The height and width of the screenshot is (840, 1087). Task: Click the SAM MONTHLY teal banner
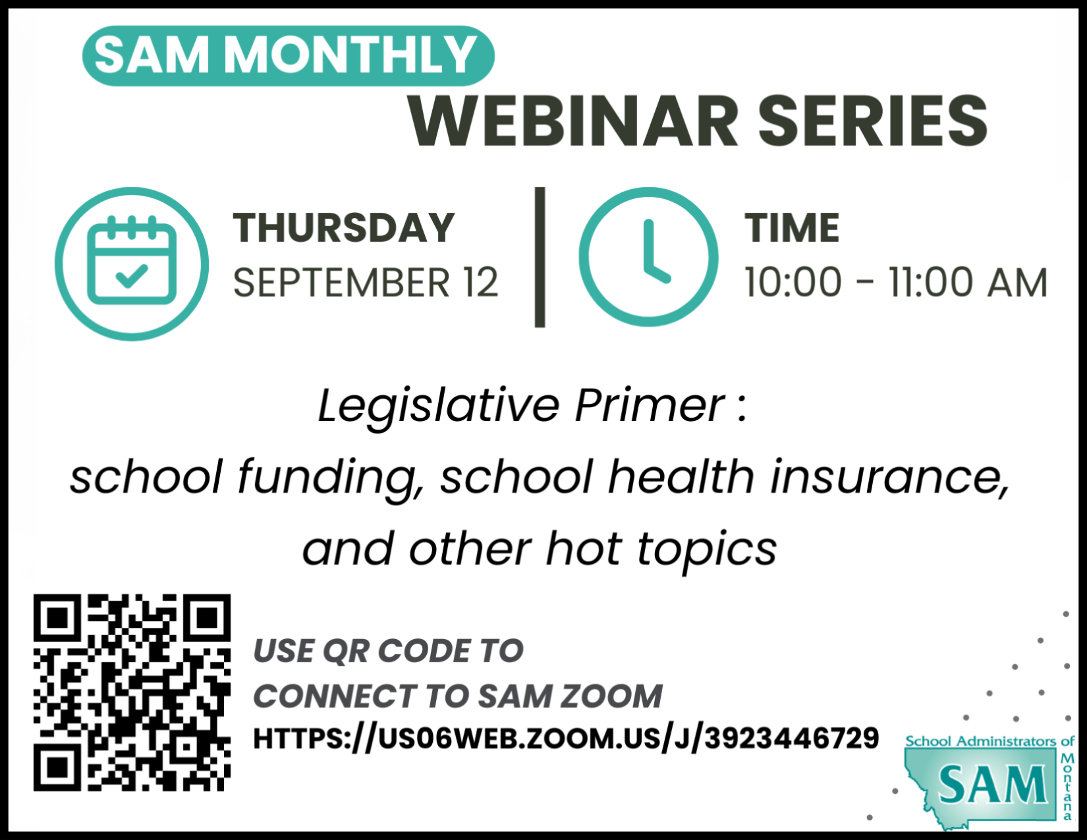[289, 55]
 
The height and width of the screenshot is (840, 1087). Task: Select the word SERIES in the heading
[874, 122]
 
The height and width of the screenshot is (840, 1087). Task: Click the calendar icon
[132, 264]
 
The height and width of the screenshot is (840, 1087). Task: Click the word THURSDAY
[344, 228]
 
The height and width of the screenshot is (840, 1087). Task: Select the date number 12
[480, 283]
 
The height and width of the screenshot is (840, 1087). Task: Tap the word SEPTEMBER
[342, 283]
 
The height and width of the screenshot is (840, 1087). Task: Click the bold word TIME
[791, 228]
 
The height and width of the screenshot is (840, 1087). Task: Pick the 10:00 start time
[793, 283]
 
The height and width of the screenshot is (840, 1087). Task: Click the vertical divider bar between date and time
[540, 257]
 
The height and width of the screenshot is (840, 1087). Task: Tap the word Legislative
[439, 406]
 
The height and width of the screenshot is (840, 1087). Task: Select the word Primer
[650, 406]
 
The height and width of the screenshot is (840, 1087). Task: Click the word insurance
[889, 477]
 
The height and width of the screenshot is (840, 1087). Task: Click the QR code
[132, 693]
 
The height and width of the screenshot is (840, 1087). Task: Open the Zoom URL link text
[567, 739]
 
